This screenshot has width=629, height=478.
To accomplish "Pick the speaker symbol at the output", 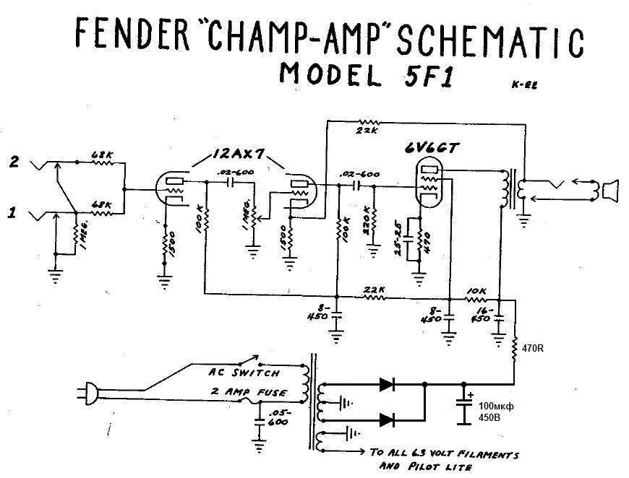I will (612, 191).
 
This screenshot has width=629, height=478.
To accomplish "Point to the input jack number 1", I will (12, 213).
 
